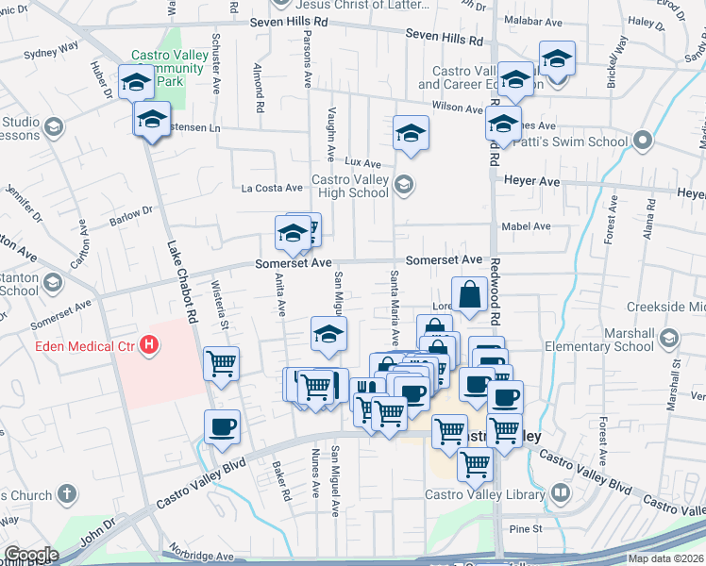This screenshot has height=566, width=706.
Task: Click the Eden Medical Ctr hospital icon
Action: tap(148, 346)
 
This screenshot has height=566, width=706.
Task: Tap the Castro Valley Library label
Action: tap(484, 493)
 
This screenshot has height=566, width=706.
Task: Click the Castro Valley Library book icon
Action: tap(561, 493)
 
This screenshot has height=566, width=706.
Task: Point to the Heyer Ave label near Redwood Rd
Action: tap(532, 181)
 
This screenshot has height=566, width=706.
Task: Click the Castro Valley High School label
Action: tap(349, 186)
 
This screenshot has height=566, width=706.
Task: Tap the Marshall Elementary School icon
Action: tap(670, 339)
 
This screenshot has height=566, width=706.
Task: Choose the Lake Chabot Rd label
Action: tap(181, 283)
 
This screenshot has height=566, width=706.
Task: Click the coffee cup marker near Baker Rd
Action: tap(223, 427)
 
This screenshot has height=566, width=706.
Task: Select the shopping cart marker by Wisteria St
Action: tap(221, 363)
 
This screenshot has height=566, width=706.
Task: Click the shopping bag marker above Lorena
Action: tap(469, 295)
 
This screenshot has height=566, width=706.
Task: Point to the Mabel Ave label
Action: tap(528, 226)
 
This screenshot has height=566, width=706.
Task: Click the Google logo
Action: tap(31, 555)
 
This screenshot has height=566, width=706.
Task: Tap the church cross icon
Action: tap(66, 493)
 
